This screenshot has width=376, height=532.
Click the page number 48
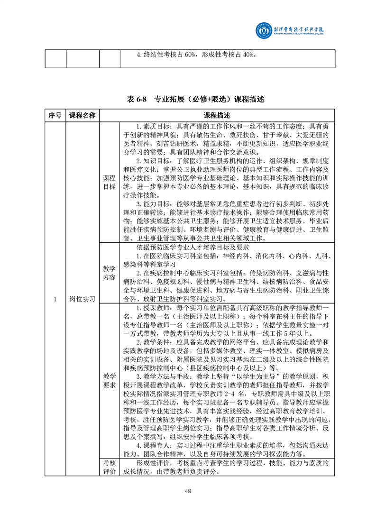click(188, 491)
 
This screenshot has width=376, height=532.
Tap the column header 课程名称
click(83, 116)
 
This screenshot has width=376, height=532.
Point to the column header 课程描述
click(217, 116)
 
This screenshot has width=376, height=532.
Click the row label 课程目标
click(109, 182)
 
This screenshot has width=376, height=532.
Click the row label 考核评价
click(109, 467)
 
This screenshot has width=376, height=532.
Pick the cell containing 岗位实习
click(83, 299)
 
